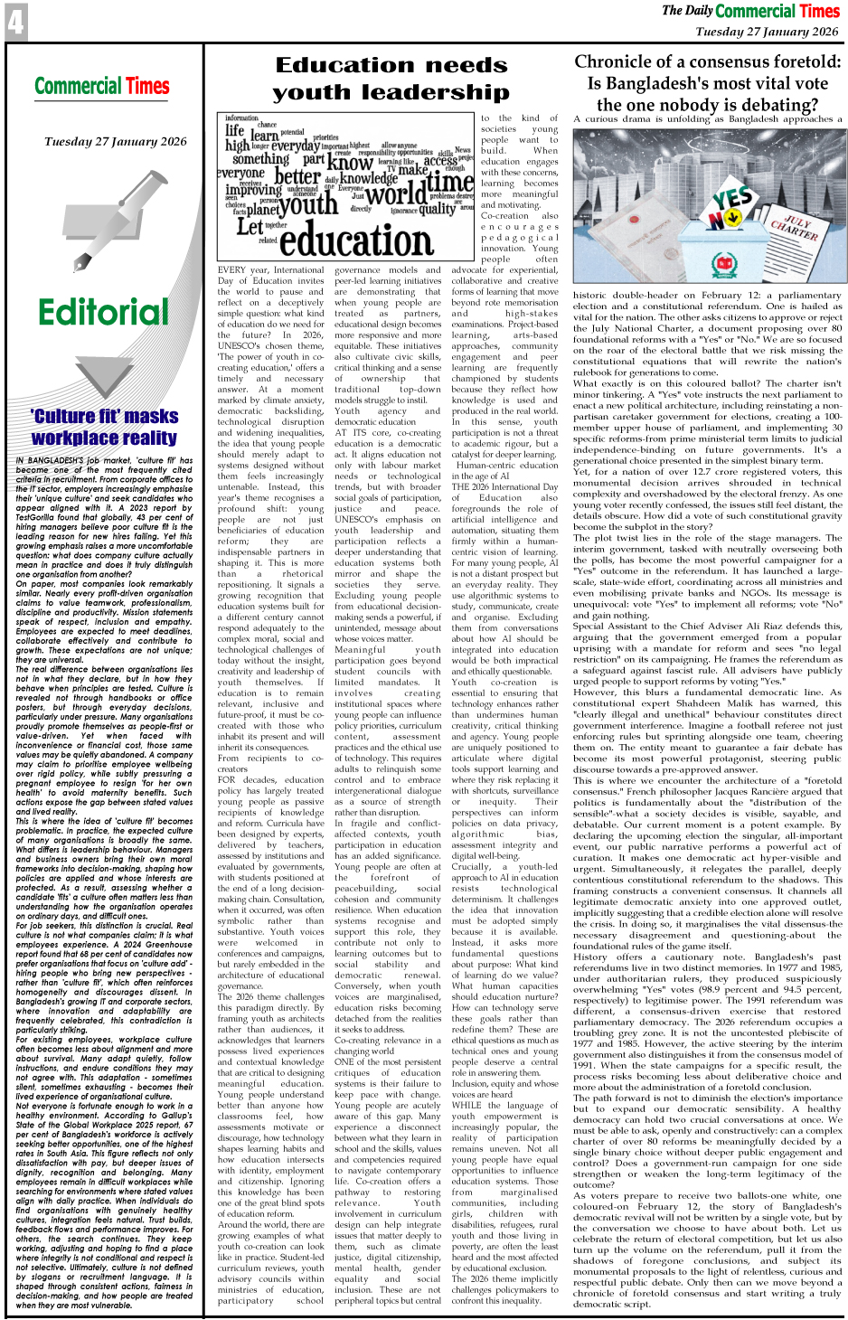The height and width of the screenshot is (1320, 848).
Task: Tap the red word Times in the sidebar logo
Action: (x=147, y=87)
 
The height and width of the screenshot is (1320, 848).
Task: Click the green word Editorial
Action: (x=103, y=312)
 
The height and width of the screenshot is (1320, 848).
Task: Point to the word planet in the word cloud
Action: (x=263, y=208)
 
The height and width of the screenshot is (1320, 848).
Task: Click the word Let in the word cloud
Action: (x=250, y=226)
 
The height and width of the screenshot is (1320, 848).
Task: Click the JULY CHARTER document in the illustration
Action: (x=796, y=227)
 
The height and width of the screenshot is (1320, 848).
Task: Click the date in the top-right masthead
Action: (x=767, y=32)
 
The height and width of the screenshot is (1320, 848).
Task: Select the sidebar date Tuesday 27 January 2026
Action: (x=116, y=142)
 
